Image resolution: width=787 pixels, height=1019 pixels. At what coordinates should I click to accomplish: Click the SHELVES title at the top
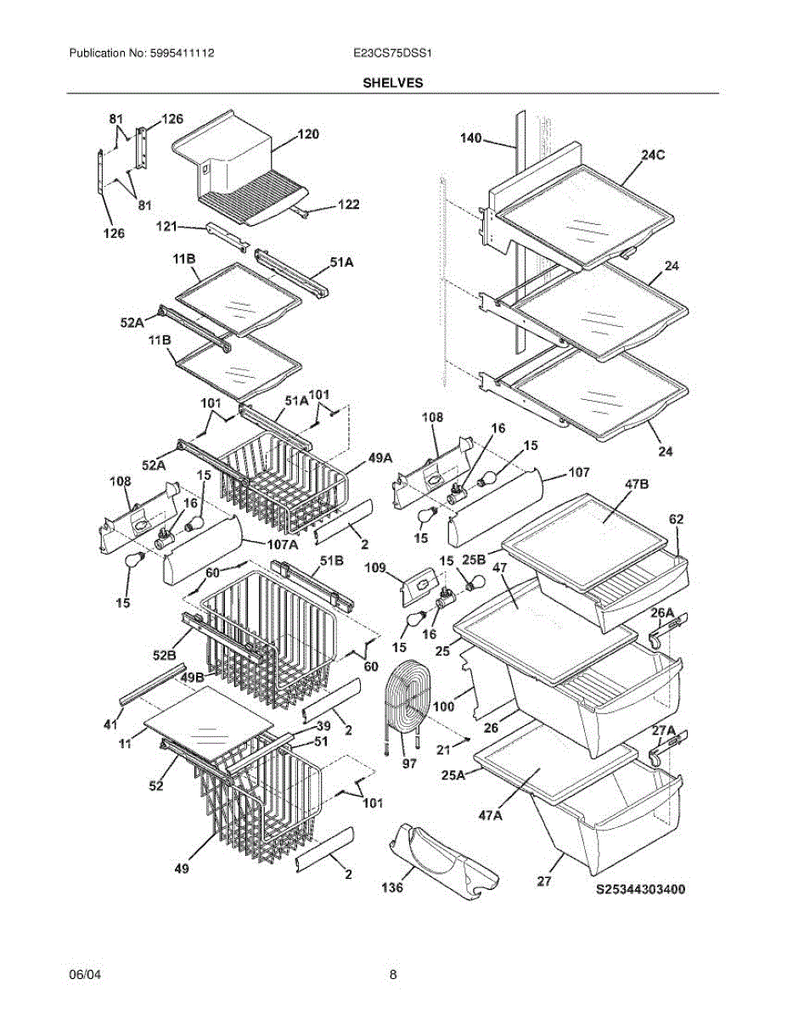click(x=393, y=83)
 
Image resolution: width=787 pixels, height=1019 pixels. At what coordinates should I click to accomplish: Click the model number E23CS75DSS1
click(x=393, y=53)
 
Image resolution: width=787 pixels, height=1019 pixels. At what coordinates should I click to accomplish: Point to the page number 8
click(x=393, y=975)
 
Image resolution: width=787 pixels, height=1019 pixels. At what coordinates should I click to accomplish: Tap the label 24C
click(x=653, y=156)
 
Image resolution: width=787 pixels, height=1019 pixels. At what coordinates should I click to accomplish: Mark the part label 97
click(x=408, y=765)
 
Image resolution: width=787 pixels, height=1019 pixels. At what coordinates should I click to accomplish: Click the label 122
click(x=347, y=205)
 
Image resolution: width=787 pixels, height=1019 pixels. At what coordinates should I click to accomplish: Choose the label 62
click(x=677, y=518)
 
